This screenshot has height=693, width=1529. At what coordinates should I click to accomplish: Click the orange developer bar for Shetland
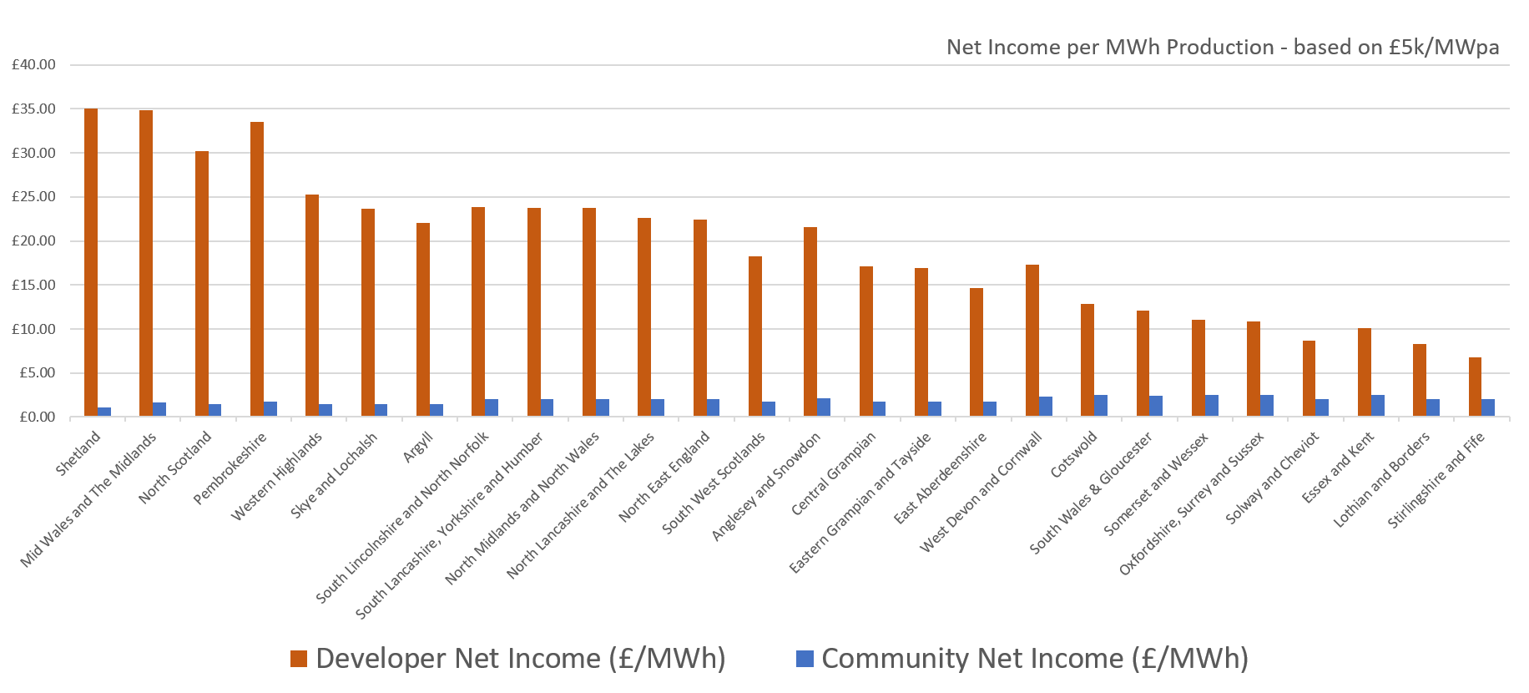tap(91, 262)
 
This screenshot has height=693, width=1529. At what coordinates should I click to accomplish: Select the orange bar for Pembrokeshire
tap(257, 269)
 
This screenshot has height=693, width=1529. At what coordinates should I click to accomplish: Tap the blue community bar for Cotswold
tap(1101, 406)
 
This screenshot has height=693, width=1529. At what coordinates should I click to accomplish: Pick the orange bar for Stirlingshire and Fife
tap(1475, 387)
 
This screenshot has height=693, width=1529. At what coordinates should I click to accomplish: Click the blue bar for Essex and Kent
tap(1378, 406)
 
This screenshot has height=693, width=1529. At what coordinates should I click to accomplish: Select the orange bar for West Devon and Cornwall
tap(1032, 341)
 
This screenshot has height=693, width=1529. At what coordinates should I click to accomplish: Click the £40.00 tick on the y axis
tap(33, 64)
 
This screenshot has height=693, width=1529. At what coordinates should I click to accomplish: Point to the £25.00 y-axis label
tap(33, 197)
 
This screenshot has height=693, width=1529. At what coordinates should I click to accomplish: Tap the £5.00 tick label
tap(37, 373)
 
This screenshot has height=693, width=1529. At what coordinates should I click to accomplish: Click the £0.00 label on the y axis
tap(37, 417)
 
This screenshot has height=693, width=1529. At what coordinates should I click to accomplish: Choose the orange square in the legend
tap(298, 659)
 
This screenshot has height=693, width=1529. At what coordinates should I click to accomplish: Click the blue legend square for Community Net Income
tap(805, 659)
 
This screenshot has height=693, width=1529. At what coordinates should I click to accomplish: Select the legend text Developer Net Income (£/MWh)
tap(521, 659)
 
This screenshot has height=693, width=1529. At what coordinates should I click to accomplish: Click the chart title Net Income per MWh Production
tap(1222, 48)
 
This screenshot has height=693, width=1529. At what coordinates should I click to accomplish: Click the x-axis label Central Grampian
tap(834, 473)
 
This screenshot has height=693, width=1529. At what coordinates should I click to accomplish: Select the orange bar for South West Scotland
tap(754, 336)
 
